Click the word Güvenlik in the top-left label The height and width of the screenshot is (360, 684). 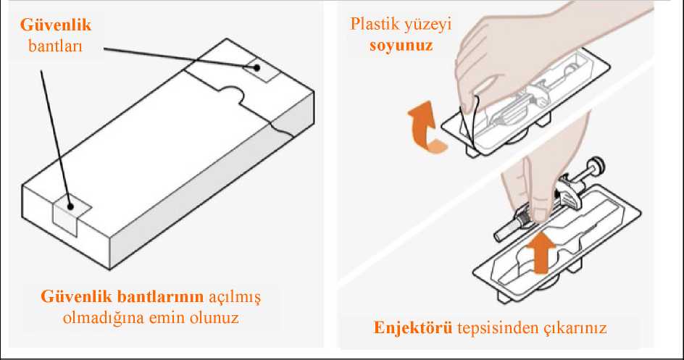[x=56, y=25]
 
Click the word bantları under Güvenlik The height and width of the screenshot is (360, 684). [x=55, y=46]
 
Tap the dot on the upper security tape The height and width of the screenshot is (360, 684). [x=257, y=67]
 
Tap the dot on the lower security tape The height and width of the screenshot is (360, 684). [x=70, y=206]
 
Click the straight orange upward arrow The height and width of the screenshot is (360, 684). [x=541, y=253]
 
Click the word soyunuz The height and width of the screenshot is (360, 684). [x=401, y=46]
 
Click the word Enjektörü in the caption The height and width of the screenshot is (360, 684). [x=413, y=327]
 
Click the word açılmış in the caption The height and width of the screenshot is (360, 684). [x=234, y=298]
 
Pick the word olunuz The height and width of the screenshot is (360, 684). [x=214, y=318]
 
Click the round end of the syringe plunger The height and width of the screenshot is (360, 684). [x=596, y=165]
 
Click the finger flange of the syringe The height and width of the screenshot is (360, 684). [x=568, y=194]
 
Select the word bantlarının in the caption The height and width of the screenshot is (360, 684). [x=161, y=297]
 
